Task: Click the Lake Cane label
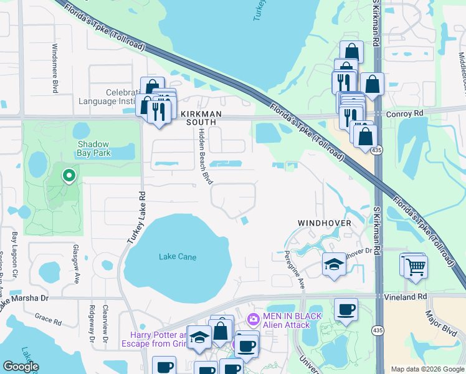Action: pyautogui.click(x=177, y=257)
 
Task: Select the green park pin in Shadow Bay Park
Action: pyautogui.click(x=69, y=177)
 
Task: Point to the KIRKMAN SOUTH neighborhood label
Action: pyautogui.click(x=198, y=118)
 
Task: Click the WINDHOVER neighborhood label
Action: pyautogui.click(x=324, y=223)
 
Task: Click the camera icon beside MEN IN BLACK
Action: pyautogui.click(x=253, y=320)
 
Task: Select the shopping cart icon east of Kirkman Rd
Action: pyautogui.click(x=416, y=267)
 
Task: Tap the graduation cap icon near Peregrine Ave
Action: pyautogui.click(x=334, y=265)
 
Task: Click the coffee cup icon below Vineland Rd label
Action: pyautogui.click(x=346, y=309)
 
